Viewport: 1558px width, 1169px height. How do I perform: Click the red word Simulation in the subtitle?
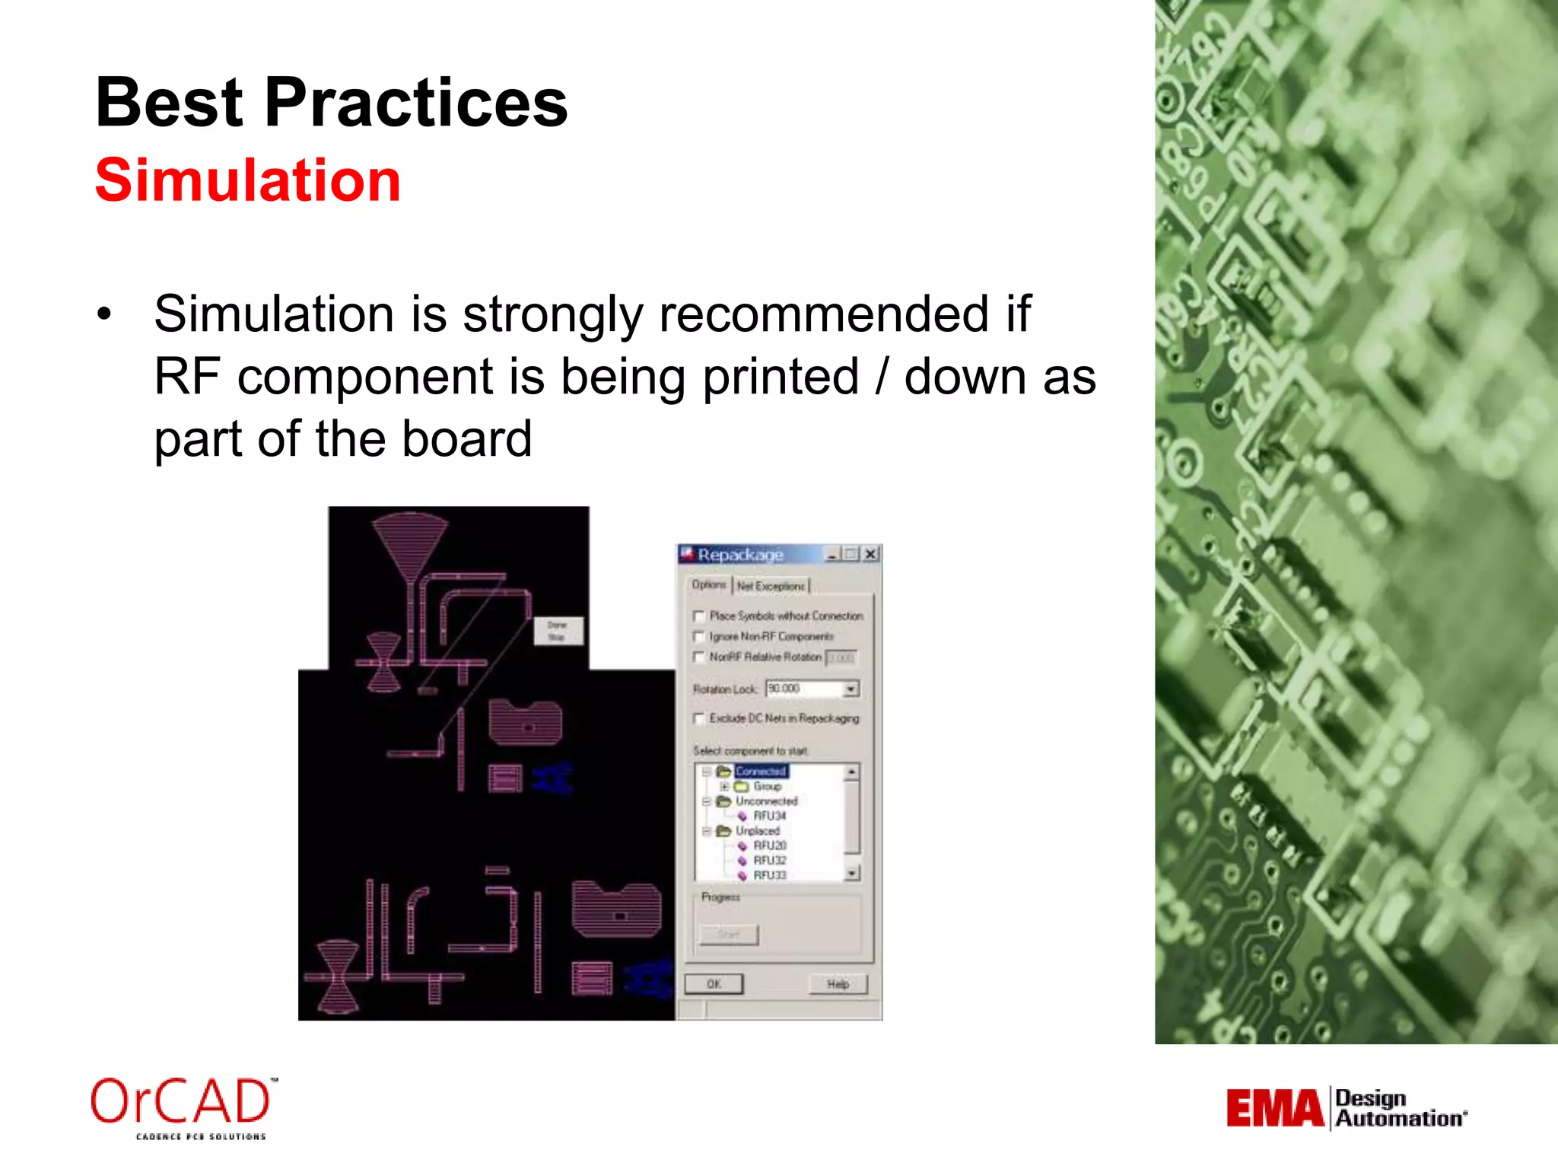click(247, 180)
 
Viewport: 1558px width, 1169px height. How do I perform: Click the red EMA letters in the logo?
click(1274, 1108)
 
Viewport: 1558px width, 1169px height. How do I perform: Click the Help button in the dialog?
click(838, 984)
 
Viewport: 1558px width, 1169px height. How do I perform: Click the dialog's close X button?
click(871, 554)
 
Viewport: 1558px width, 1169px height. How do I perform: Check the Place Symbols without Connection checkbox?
click(699, 616)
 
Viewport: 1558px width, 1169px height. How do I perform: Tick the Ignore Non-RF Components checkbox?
click(699, 636)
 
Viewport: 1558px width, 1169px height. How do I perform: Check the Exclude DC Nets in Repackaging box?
click(699, 718)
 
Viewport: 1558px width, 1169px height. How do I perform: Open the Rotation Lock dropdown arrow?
click(851, 689)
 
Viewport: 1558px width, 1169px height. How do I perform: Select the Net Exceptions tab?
click(771, 586)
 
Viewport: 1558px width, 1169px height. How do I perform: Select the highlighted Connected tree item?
click(761, 771)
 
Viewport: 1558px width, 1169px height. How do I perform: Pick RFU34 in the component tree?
click(769, 816)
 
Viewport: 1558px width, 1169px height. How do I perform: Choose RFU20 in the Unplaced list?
click(769, 846)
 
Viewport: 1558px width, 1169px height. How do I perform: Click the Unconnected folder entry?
click(765, 801)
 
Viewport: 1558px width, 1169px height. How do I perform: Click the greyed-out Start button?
click(729, 934)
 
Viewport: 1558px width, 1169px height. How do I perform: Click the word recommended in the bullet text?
click(823, 314)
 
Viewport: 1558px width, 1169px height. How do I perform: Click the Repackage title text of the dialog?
click(739, 555)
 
